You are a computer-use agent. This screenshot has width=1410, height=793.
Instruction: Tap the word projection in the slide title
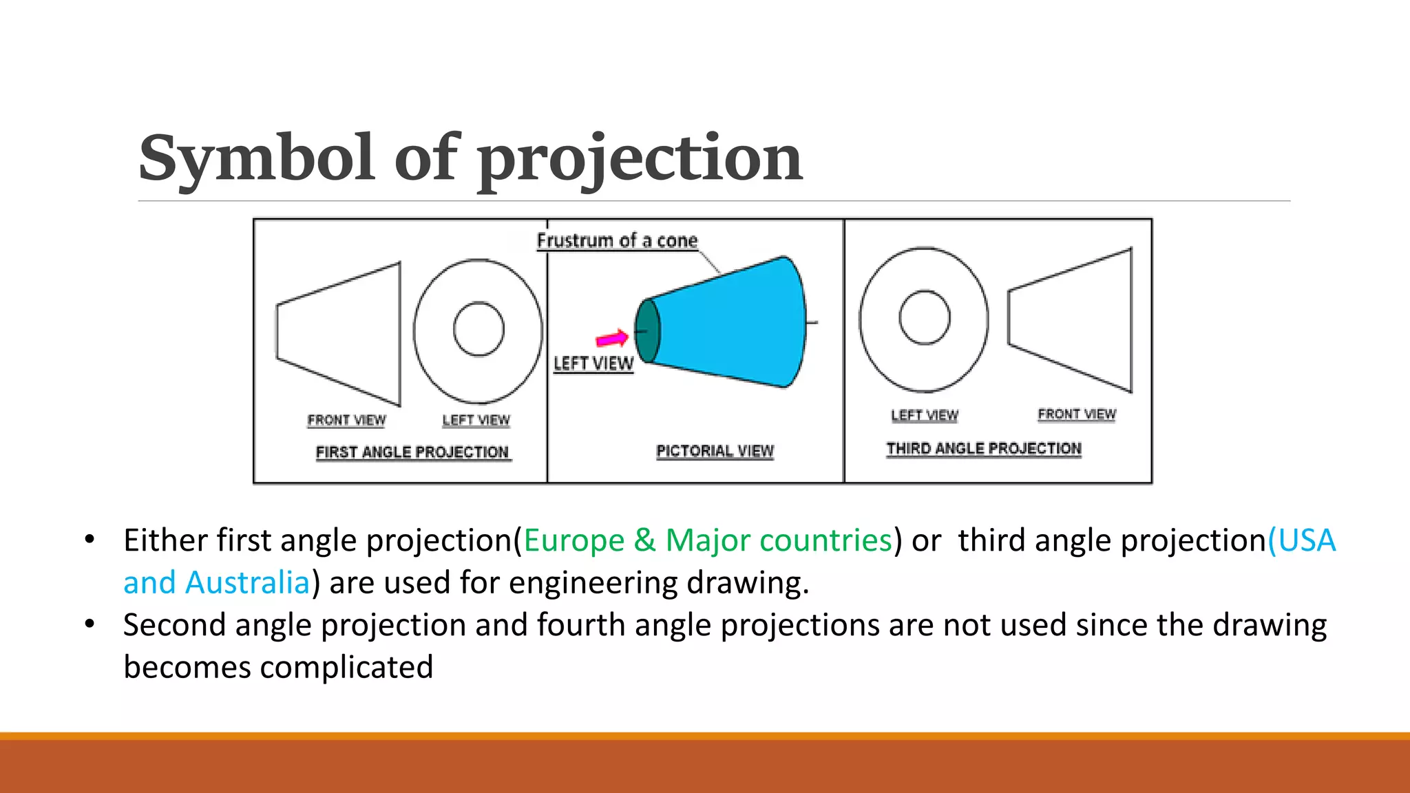[640, 160]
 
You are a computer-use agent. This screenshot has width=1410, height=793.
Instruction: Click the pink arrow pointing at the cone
[612, 339]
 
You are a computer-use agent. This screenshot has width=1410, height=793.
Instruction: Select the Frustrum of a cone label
[617, 241]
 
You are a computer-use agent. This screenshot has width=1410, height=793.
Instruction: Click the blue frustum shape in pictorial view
[730, 324]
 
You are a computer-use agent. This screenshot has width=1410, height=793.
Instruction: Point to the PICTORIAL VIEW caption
[715, 452]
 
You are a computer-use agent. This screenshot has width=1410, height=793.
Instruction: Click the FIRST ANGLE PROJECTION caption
[412, 452]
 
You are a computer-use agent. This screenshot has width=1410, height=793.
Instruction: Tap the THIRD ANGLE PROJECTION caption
[983, 449]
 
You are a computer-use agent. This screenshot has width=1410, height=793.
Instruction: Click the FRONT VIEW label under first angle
[346, 420]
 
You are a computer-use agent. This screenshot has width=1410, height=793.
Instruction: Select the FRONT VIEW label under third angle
[1077, 414]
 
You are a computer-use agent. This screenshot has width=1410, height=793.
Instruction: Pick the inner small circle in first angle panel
[478, 329]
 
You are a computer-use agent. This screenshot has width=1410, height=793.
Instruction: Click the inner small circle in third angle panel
[925, 317]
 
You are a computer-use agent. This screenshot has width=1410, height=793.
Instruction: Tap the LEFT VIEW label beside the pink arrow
[593, 363]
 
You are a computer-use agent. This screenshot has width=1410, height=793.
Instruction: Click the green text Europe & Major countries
[708, 540]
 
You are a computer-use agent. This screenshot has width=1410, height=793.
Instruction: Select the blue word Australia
[247, 583]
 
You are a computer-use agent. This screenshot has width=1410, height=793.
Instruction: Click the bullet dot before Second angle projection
[90, 624]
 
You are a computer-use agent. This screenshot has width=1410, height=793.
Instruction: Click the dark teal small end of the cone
[646, 331]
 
